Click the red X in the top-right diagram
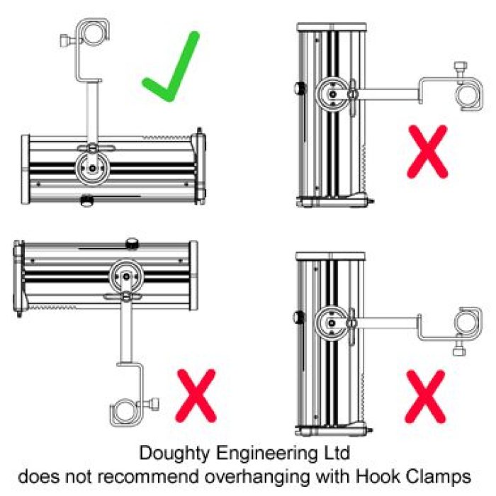pyautogui.click(x=427, y=150)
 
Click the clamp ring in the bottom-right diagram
pyautogui.click(x=467, y=322)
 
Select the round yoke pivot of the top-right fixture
pyautogui.click(x=331, y=92)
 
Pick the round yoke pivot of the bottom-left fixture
pyautogui.click(x=125, y=274)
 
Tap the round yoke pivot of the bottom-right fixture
pyautogui.click(x=331, y=322)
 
